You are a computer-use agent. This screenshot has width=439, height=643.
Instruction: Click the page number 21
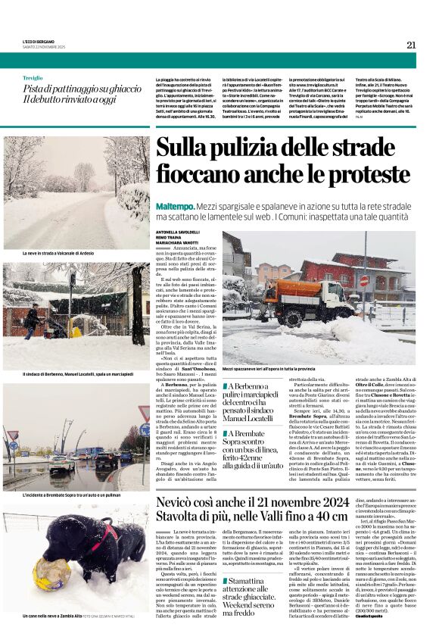click(x=411, y=45)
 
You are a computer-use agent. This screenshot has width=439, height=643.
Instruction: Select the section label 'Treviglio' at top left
click(x=33, y=78)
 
